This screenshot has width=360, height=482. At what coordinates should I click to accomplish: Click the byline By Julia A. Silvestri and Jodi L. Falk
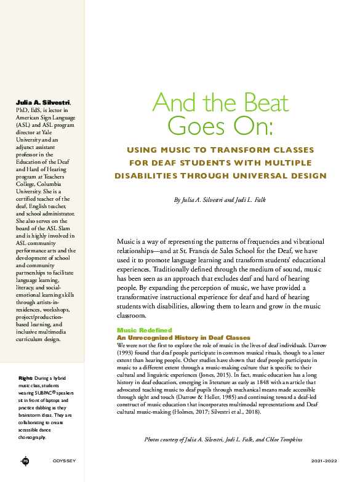pyautogui.click(x=220, y=201)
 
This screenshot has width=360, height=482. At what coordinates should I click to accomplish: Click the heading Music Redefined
pyautogui.click(x=145, y=331)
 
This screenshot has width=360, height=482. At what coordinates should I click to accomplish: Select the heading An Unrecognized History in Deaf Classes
pyautogui.click(x=183, y=338)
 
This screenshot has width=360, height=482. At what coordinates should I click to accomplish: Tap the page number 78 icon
pyautogui.click(x=25, y=461)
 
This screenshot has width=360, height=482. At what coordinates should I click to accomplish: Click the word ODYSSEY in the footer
pyautogui.click(x=64, y=461)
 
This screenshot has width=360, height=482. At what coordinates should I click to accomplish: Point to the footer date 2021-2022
pyautogui.click(x=325, y=461)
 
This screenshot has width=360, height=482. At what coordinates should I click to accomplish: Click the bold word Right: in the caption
pyautogui.click(x=25, y=377)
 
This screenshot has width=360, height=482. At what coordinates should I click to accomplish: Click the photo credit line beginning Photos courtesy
pyautogui.click(x=223, y=440)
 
